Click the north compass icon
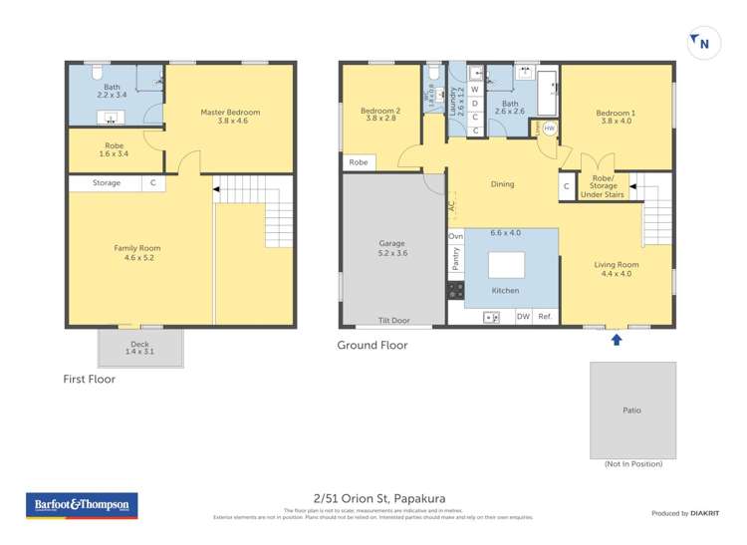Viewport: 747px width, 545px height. [701, 42]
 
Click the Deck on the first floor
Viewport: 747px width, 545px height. [140, 348]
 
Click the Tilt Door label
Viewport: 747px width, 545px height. [393, 321]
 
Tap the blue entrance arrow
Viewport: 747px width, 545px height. [617, 340]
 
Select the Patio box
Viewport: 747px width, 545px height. [632, 409]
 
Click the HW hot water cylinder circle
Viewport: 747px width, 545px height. [549, 129]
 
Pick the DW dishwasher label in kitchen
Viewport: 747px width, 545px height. [523, 317]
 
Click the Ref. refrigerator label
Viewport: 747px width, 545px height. [545, 317]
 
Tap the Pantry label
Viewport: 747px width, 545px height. [455, 261]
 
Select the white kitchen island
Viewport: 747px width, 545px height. [506, 265]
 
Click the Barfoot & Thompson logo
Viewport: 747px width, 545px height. [82, 506]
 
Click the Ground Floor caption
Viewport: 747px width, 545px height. [372, 346]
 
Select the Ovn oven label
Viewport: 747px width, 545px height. [455, 236]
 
